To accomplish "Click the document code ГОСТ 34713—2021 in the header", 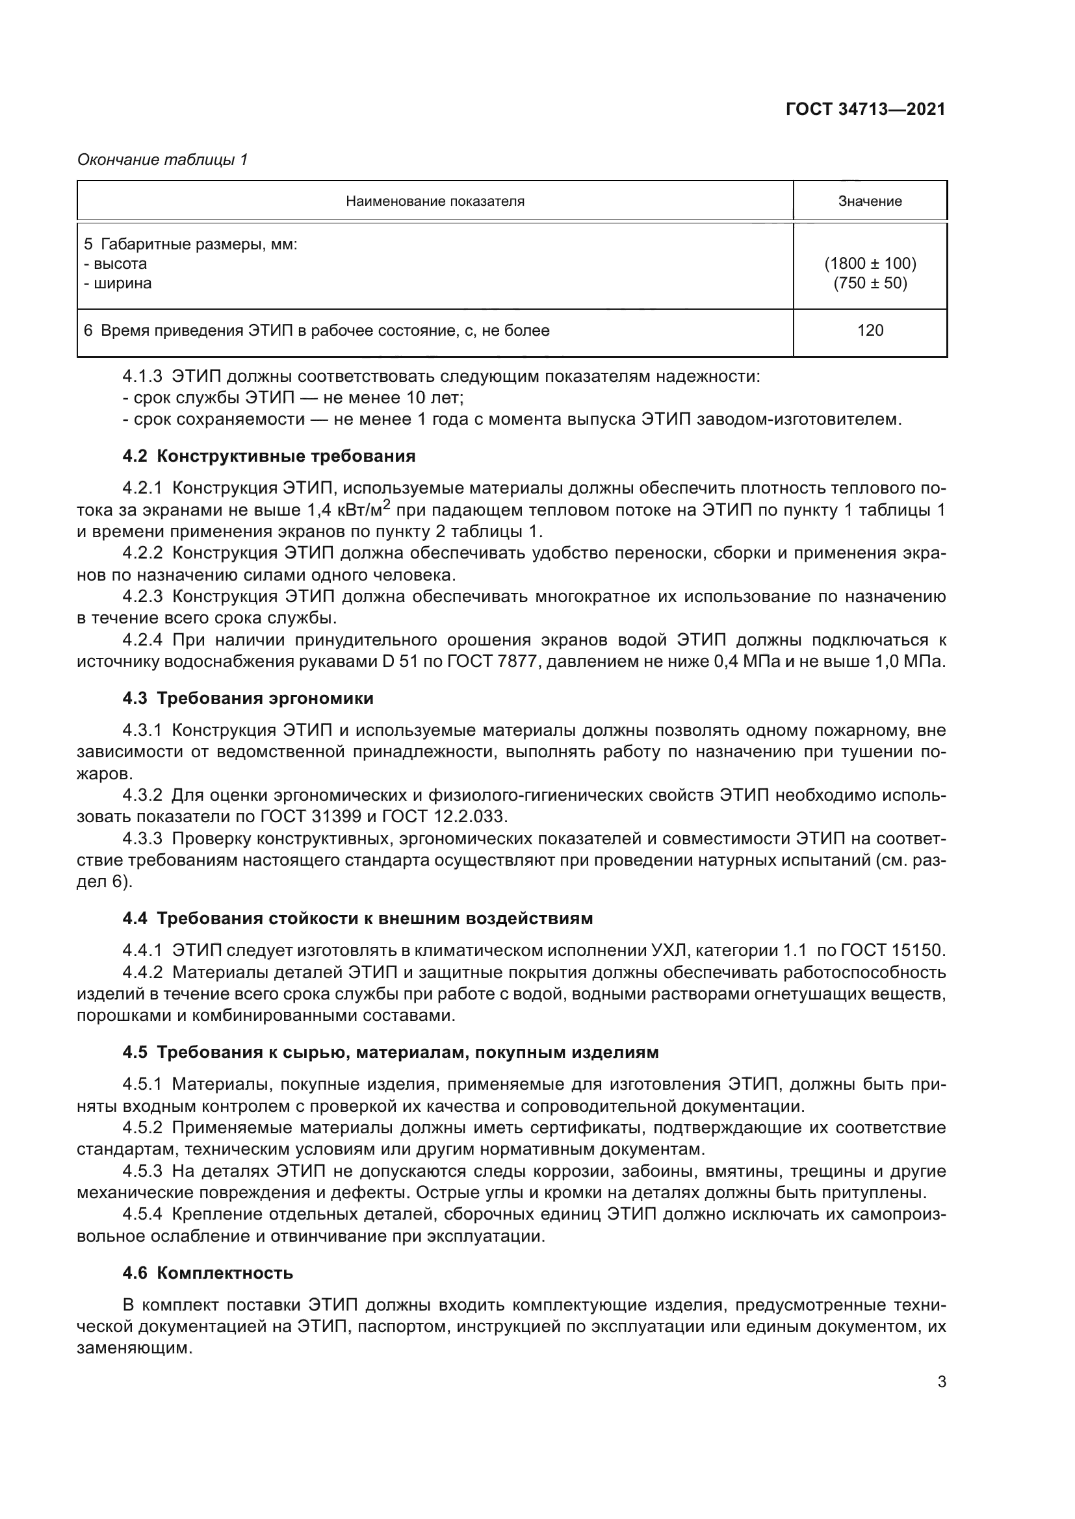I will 865,110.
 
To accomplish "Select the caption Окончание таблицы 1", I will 162,160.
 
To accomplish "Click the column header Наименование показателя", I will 435,201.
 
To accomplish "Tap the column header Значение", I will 870,201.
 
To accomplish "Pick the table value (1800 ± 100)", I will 870,264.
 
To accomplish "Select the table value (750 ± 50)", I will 870,283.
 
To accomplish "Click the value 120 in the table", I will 870,331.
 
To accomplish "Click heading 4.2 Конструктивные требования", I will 269,456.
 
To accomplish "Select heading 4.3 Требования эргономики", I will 248,698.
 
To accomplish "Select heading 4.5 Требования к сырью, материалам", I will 391,1052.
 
